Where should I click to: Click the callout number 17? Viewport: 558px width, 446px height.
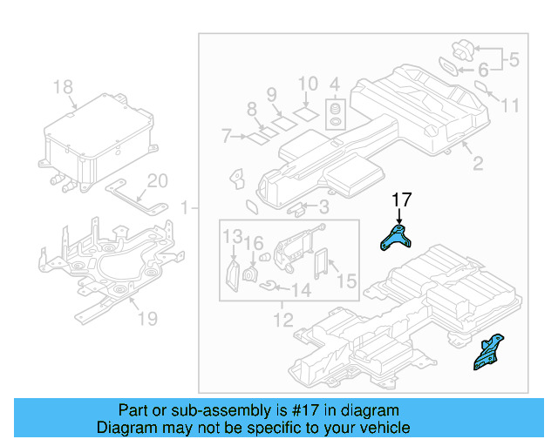400,199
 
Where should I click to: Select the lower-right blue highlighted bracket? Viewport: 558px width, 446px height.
487,352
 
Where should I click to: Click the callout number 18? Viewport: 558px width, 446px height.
63,87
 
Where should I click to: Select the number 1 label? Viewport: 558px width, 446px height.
184,207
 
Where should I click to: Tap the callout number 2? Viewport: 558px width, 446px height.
477,163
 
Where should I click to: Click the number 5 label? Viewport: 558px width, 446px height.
514,61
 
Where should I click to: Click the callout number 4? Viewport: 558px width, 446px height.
334,84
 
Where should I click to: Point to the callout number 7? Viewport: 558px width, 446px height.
225,136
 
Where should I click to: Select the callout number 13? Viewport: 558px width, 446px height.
230,237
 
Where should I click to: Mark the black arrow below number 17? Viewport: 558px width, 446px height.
400,217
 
